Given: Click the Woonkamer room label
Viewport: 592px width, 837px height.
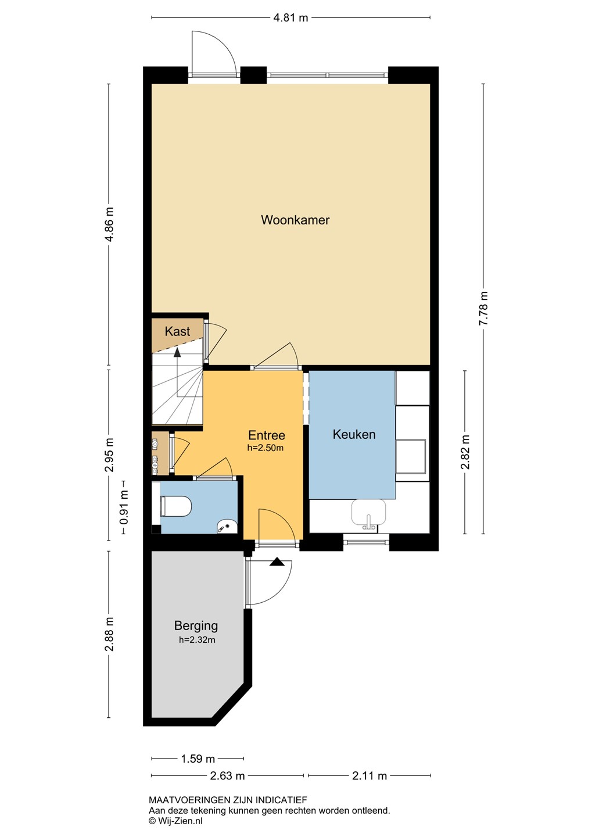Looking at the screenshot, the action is click(295, 220).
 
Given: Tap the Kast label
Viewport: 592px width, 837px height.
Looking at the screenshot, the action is click(177, 331).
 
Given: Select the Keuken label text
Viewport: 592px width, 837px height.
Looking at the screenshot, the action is click(354, 434).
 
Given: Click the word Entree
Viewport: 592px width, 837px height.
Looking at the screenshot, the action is click(267, 435).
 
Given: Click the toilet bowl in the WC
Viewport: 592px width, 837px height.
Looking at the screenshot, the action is click(176, 506).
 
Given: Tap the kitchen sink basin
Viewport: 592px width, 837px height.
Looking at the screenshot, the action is click(368, 512).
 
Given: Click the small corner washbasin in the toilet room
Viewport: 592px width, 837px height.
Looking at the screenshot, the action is click(227, 527).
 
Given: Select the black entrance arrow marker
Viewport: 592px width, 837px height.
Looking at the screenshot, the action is click(277, 561).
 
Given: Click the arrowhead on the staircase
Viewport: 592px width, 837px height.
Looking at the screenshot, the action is click(177, 352).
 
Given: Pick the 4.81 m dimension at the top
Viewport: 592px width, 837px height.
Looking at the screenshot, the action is click(290, 17).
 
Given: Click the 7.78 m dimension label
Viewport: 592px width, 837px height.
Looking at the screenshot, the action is click(484, 308).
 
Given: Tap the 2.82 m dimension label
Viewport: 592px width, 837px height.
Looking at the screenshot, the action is click(465, 452).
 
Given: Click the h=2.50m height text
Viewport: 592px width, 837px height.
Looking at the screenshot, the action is click(265, 448).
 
